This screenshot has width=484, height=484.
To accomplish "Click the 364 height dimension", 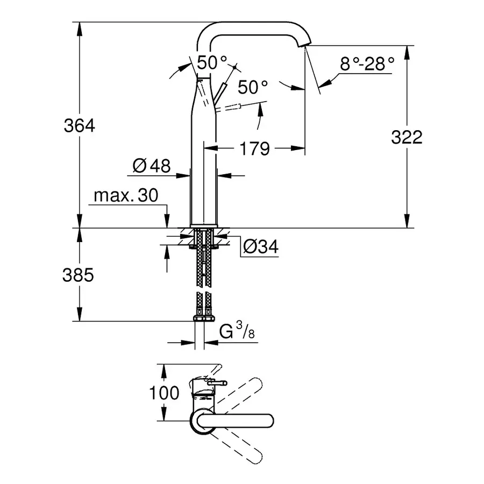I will [79, 126].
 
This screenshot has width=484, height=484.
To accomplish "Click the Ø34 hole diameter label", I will [260, 247].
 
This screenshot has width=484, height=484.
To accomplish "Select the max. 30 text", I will [126, 196].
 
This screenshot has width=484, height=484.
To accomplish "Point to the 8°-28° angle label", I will [367, 65].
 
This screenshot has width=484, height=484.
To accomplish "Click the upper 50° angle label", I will [209, 62].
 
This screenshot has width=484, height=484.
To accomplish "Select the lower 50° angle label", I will [253, 87].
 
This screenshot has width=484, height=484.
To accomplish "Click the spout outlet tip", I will [307, 45].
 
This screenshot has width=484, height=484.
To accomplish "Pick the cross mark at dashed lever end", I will [236, 66].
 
